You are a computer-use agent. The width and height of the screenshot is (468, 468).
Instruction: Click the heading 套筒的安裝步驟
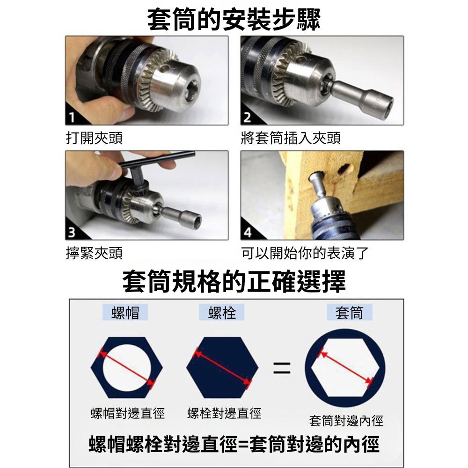(x=234, y=19)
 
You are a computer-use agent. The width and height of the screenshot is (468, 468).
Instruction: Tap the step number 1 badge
(x=71, y=117)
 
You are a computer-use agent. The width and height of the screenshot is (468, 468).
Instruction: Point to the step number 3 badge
(x=71, y=233)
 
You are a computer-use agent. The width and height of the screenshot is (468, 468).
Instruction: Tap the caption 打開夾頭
(x=94, y=138)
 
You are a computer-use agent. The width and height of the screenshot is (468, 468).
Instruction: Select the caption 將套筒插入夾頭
(x=290, y=138)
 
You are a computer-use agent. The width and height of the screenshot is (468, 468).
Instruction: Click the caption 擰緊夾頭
(x=94, y=253)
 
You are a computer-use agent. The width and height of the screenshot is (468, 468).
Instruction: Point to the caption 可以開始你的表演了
(x=305, y=253)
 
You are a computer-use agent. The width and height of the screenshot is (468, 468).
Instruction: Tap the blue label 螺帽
(x=125, y=312)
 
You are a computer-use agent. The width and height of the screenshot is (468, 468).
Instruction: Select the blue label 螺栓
(x=221, y=312)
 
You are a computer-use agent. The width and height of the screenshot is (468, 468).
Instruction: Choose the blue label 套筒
(x=349, y=312)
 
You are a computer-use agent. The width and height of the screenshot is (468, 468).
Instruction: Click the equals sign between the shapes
(x=281, y=367)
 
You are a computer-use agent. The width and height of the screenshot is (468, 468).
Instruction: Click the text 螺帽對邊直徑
(x=127, y=413)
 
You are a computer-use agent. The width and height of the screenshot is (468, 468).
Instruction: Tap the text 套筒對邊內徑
(x=346, y=421)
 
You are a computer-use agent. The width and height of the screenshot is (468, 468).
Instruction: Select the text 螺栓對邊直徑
(x=224, y=413)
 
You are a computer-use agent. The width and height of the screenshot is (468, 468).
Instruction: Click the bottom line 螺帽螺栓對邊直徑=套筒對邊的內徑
(x=234, y=445)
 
